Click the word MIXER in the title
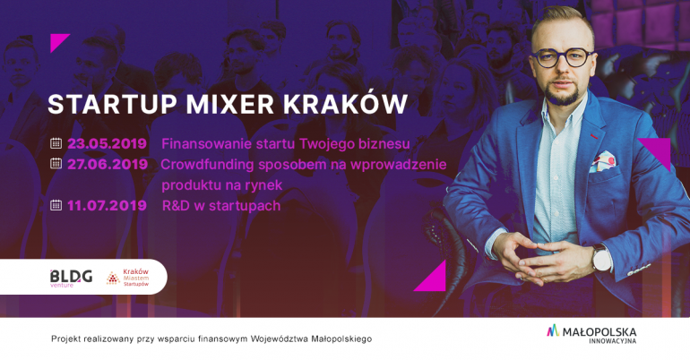[x=230, y=104]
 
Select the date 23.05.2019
[x=107, y=144]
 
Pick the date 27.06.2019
[x=108, y=165]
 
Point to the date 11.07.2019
[x=107, y=206]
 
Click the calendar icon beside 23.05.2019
[x=56, y=143]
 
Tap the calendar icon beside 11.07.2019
[x=56, y=205]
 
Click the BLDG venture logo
[x=72, y=278]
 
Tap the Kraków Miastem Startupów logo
[x=127, y=278]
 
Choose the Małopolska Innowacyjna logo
[x=591, y=334]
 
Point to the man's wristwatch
[x=601, y=258]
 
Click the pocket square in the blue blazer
[x=602, y=162]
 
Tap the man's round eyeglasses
[x=563, y=57]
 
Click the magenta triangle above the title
[x=57, y=41]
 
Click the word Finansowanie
[x=205, y=144]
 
